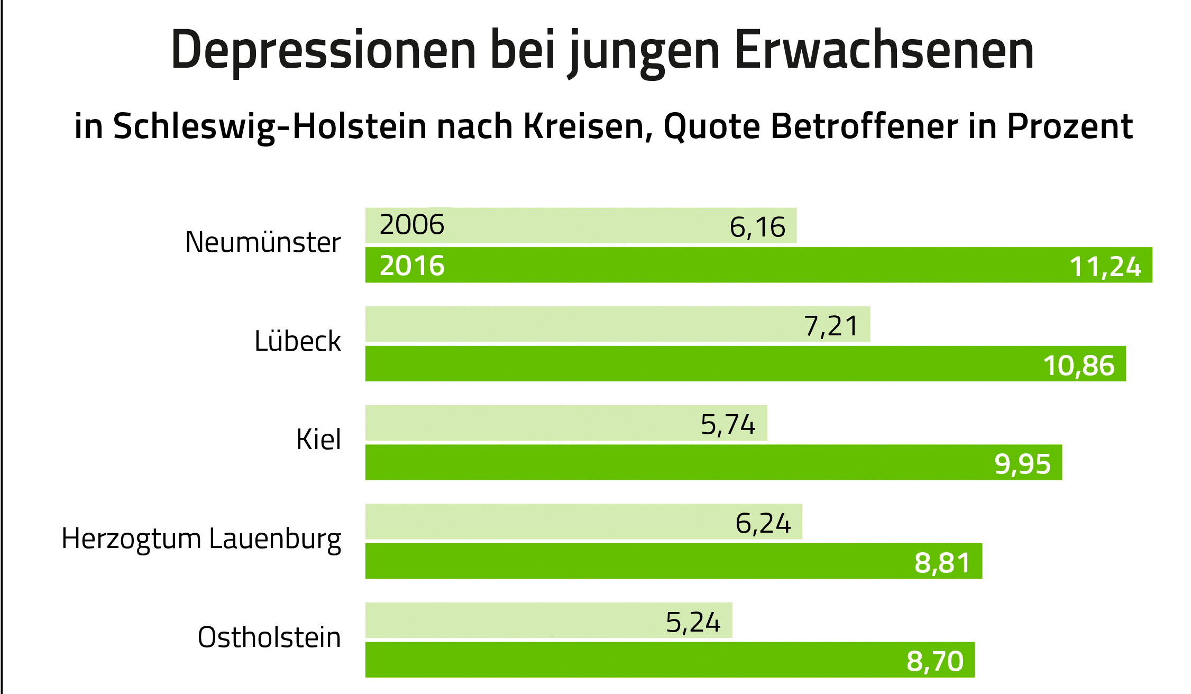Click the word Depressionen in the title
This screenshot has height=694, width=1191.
tap(324, 51)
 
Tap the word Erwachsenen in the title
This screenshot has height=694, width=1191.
tap(884, 51)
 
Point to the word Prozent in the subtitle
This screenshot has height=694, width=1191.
tap(1069, 127)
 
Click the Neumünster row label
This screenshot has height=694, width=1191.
tap(263, 243)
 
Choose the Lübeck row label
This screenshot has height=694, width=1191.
tap(297, 341)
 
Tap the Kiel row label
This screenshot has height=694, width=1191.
tap(318, 440)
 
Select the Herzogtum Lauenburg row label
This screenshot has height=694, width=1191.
tap(201, 539)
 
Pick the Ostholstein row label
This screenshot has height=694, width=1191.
tap(269, 637)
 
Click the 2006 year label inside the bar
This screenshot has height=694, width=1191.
tap(412, 225)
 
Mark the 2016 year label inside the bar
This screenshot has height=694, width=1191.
tap(412, 266)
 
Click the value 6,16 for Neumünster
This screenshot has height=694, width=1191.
tap(757, 227)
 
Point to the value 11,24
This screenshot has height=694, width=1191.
tap(1105, 267)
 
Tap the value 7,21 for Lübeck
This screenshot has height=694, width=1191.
tap(831, 326)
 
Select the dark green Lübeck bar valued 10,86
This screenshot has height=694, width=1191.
tap(688, 364)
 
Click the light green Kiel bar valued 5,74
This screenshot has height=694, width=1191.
tap(529, 423)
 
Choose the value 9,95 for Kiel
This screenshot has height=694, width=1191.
tap(1022, 464)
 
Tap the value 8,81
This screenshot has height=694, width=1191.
tap(942, 563)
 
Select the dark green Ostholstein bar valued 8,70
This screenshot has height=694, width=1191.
tap(635, 660)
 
